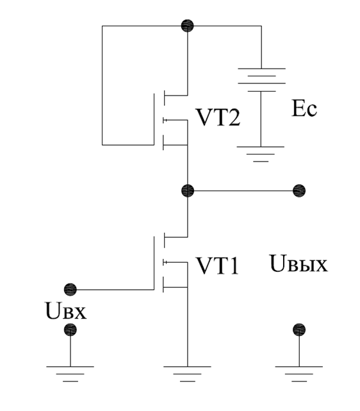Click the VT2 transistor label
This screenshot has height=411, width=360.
coord(218,118)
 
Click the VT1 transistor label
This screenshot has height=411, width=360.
coord(218,266)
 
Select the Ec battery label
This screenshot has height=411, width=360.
coord(304,108)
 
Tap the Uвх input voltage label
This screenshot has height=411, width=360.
coord(66,311)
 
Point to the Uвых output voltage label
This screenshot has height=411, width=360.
coord(299,264)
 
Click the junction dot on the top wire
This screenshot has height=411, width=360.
coord(188,26)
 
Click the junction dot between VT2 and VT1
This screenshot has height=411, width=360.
coord(188,190)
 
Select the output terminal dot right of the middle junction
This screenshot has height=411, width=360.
coord(299,190)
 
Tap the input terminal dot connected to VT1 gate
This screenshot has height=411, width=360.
coord(70,289)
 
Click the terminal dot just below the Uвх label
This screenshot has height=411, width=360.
coord(70,330)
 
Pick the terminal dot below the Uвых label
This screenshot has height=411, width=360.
coord(299,330)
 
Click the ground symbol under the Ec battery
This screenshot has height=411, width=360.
coord(261,154)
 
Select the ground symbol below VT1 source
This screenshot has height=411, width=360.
coord(188,374)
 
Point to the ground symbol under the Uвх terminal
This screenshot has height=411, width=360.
coord(70,374)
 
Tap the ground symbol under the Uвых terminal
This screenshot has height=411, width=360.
coord(299,374)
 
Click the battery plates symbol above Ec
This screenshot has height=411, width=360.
coord(261,80)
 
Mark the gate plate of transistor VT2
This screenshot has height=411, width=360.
coord(154,119)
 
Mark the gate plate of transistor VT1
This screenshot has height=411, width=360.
coord(154,263)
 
